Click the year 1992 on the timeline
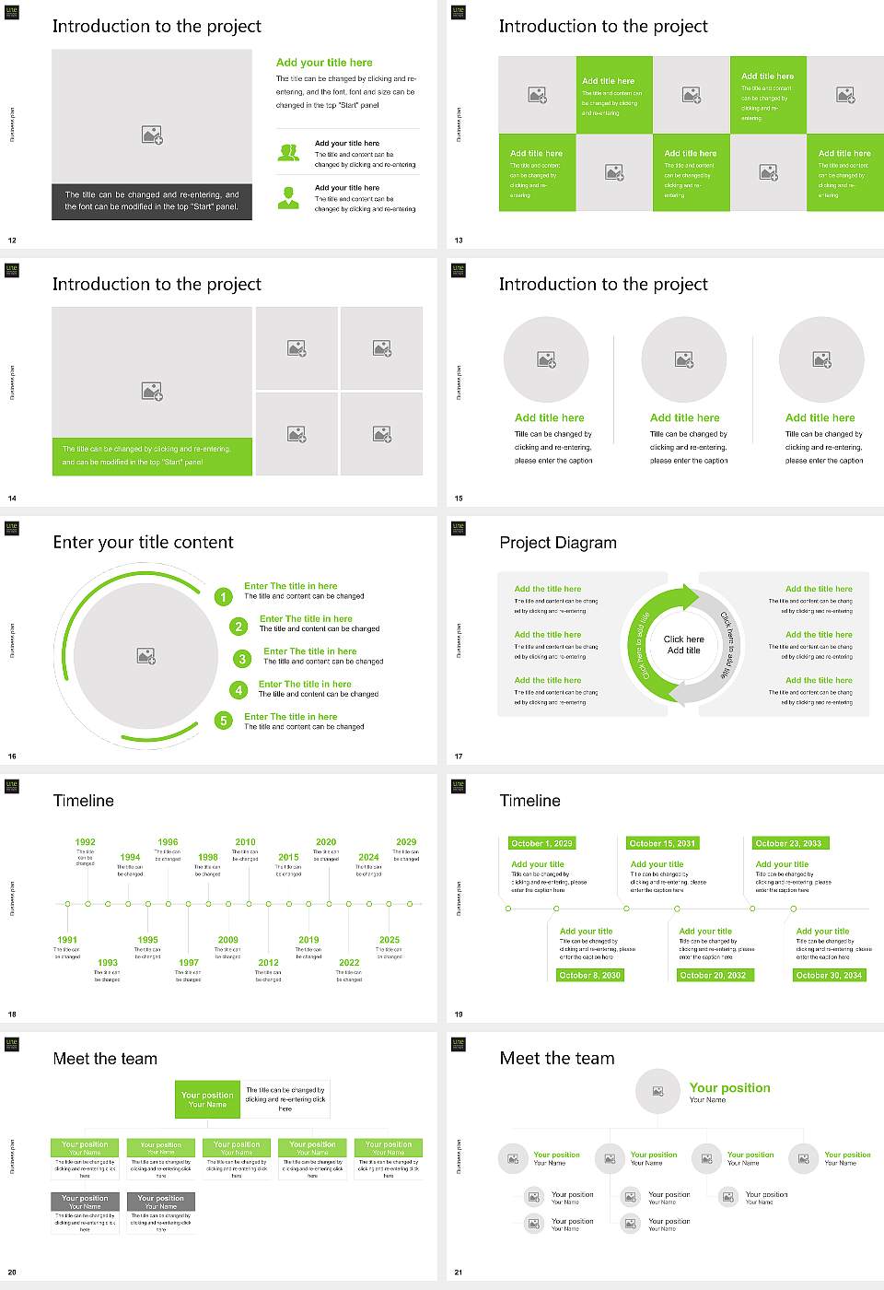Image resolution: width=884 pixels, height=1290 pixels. pyautogui.click(x=85, y=841)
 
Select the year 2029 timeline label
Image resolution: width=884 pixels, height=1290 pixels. pyautogui.click(x=406, y=841)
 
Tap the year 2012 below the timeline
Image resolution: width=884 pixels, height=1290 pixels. pyautogui.click(x=268, y=962)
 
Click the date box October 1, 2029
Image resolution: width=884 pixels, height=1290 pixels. pyautogui.click(x=541, y=843)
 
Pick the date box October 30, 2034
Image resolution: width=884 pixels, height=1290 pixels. pyautogui.click(x=829, y=975)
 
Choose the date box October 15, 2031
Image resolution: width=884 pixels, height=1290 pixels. pyautogui.click(x=662, y=843)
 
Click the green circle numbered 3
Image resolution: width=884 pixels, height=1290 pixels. pyautogui.click(x=242, y=659)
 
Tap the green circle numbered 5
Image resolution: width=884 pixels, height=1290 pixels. pyautogui.click(x=223, y=721)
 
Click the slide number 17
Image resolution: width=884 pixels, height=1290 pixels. pyautogui.click(x=459, y=756)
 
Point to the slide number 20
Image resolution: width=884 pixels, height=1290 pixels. pyautogui.click(x=12, y=1272)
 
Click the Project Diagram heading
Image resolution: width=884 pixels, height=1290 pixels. pyautogui.click(x=558, y=543)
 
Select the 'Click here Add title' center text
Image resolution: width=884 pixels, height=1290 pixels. pyautogui.click(x=683, y=645)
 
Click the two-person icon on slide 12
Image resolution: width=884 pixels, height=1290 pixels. pyautogui.click(x=288, y=153)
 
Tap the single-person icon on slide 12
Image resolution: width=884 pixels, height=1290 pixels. pyautogui.click(x=288, y=197)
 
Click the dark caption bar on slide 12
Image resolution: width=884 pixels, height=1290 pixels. pyautogui.click(x=152, y=201)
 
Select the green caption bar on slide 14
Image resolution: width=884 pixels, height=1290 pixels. pyautogui.click(x=152, y=456)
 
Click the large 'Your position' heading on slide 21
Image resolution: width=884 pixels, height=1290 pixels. pyautogui.click(x=729, y=1088)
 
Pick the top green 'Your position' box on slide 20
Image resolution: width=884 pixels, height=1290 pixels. pyautogui.click(x=207, y=1099)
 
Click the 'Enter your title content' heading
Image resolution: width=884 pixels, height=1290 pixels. pyautogui.click(x=143, y=543)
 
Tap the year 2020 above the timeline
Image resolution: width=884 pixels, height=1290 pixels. pyautogui.click(x=326, y=841)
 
